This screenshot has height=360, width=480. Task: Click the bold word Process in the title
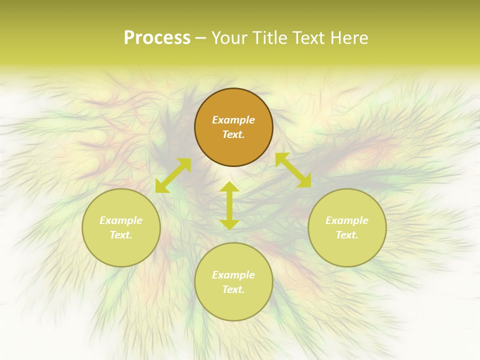coord(157,38)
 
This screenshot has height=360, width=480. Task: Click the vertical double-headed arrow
coord(229,205)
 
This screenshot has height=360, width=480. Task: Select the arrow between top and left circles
coord(173,175)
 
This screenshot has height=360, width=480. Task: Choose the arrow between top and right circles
coord(293,170)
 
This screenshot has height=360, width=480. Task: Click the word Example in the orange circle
coord(233,120)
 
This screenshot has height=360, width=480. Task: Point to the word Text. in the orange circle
coord(233,134)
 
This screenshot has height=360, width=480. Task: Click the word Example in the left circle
coord(121,220)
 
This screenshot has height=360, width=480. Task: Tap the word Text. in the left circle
coord(121,235)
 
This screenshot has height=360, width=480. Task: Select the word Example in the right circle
coord(347,220)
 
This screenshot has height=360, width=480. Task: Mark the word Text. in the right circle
coord(347,235)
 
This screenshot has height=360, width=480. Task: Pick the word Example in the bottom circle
coord(233,275)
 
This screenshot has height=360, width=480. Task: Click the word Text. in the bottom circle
coord(233,289)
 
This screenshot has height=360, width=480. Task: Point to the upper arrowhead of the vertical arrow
coord(229,186)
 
